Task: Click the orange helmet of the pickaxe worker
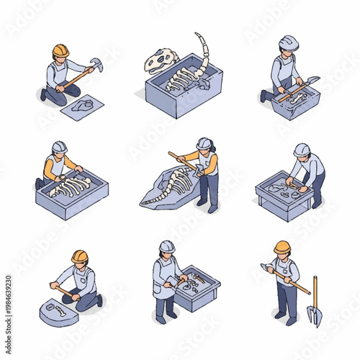click(x=60, y=50)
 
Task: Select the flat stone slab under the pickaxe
click(x=81, y=107)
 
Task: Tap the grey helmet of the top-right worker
click(x=289, y=42)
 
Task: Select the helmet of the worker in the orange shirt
click(x=59, y=147)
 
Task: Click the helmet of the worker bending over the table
click(x=302, y=150)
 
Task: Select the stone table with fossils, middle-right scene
click(x=282, y=194)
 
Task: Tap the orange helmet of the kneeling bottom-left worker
click(x=79, y=256)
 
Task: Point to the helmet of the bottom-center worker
click(x=167, y=246)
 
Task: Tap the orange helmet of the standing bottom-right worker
click(x=282, y=247)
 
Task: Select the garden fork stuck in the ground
click(x=314, y=306)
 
